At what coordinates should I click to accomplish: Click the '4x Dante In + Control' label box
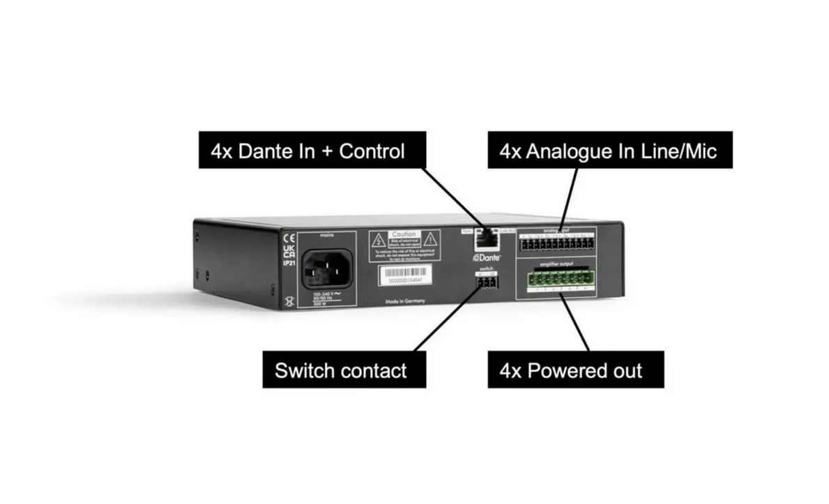(307, 150)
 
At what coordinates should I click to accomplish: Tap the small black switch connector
(486, 282)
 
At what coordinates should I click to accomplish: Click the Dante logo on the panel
(482, 257)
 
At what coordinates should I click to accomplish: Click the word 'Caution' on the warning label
(404, 235)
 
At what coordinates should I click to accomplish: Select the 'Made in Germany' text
(405, 301)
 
